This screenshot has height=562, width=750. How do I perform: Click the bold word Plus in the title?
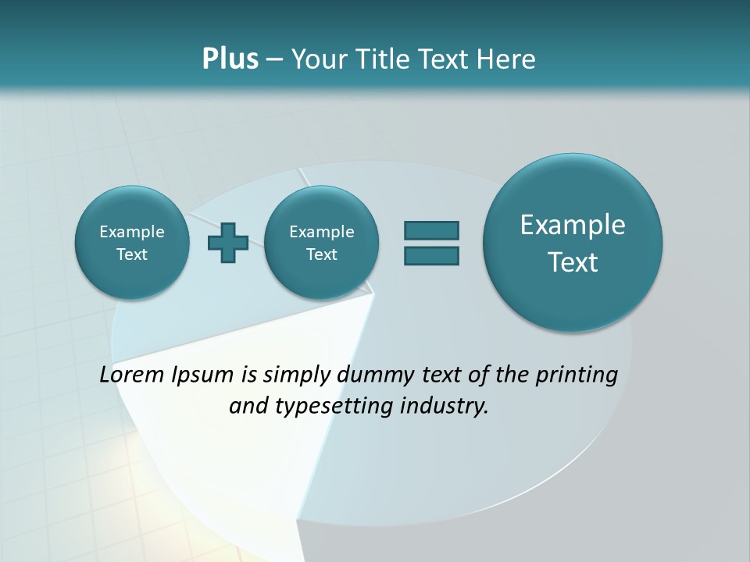(x=230, y=59)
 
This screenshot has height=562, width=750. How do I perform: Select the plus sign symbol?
(x=228, y=243)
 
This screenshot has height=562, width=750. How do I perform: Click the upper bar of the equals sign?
(x=431, y=230)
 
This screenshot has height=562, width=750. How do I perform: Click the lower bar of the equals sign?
(x=431, y=255)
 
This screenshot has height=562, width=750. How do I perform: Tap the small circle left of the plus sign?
(x=132, y=243)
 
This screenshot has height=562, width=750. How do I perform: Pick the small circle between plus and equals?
(x=322, y=243)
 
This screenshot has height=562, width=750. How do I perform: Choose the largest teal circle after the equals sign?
(x=573, y=243)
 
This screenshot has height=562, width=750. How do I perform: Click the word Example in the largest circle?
(x=573, y=225)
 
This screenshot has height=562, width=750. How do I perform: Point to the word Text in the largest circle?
(x=573, y=262)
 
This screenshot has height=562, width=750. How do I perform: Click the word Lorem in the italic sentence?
(x=132, y=375)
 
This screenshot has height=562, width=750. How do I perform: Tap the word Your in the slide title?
(x=317, y=59)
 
